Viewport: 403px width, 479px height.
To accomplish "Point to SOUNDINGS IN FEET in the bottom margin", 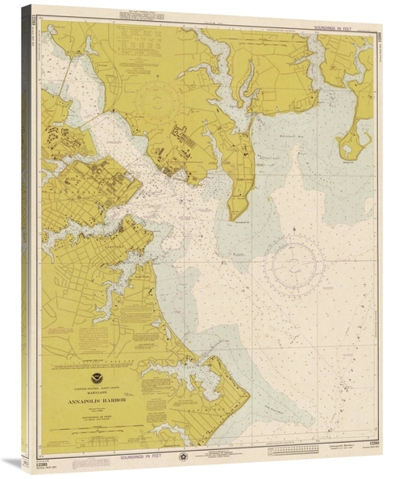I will coord(136,457).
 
